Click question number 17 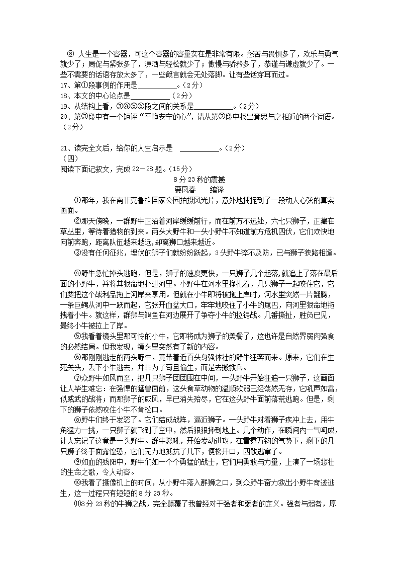[64, 85]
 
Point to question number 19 [64, 106]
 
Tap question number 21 [64, 148]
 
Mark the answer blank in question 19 [213, 107]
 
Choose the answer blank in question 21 [199, 149]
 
